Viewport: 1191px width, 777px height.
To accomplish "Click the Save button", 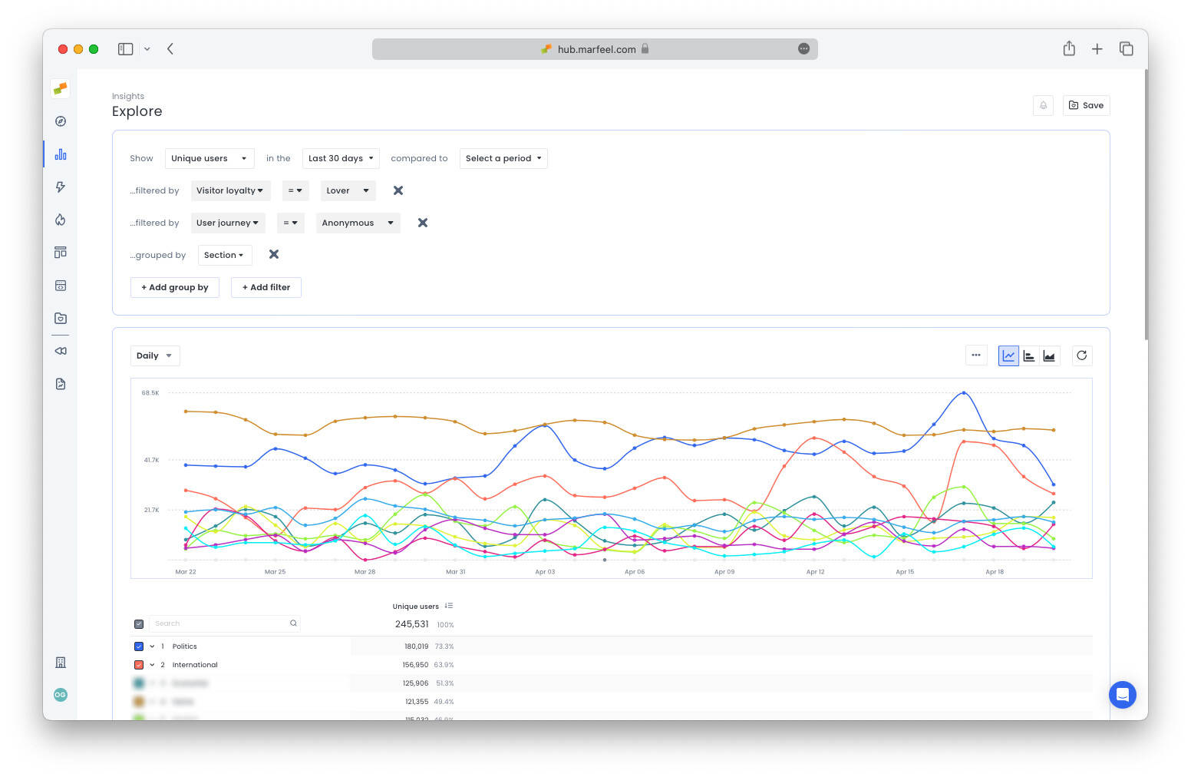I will [x=1086, y=106].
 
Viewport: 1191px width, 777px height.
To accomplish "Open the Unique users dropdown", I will [x=209, y=159].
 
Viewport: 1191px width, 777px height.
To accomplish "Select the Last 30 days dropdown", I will [x=341, y=159].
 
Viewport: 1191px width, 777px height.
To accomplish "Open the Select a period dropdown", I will [x=503, y=159].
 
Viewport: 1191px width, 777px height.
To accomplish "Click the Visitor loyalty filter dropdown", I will [x=230, y=191].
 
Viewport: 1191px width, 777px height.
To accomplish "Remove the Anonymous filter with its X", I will [x=423, y=223].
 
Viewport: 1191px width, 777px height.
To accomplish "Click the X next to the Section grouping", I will [x=274, y=255].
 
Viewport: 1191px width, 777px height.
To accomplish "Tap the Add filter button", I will [x=266, y=288].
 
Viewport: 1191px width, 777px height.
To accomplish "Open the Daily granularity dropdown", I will [x=154, y=356].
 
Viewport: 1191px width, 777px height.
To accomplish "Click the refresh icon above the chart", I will [x=1081, y=355].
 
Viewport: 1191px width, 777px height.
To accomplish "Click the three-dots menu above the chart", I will [x=976, y=355].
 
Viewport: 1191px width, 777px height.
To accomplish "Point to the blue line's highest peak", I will [x=964, y=393].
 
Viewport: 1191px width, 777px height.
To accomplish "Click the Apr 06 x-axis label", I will [x=635, y=572].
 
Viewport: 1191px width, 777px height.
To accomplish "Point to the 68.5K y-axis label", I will [x=150, y=393].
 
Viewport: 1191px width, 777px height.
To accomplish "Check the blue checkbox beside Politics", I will [x=139, y=646].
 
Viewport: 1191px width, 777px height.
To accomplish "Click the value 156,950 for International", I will [x=415, y=665].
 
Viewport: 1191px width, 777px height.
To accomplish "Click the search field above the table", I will [x=219, y=623].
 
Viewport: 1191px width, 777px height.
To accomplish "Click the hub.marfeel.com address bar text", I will [x=596, y=50].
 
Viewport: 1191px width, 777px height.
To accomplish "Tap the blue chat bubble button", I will [x=1122, y=696].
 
